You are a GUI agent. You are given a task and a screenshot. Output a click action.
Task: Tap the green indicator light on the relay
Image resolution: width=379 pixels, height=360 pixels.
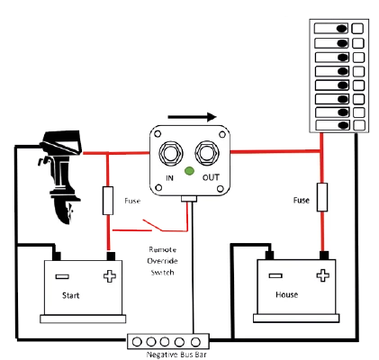point(189,171)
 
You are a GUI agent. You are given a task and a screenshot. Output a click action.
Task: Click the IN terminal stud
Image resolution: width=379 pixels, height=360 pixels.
point(170,153)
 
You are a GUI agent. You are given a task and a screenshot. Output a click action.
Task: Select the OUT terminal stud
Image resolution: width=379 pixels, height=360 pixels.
point(207,153)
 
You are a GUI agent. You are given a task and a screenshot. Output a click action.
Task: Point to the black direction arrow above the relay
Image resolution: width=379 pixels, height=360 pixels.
point(192,117)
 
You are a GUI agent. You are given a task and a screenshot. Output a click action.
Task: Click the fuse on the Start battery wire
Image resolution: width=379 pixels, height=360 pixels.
point(108,201)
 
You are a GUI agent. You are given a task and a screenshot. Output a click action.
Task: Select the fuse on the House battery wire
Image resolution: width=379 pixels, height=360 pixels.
point(322,197)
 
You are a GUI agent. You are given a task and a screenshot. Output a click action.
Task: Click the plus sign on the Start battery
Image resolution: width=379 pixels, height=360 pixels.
point(110,276)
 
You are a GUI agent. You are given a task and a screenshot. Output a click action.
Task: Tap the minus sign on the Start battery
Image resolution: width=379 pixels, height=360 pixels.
point(62,276)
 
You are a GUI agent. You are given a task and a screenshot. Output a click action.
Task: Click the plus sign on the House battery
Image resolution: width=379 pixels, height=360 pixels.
point(323,275)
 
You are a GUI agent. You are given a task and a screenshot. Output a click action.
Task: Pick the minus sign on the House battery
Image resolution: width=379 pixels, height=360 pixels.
point(275,275)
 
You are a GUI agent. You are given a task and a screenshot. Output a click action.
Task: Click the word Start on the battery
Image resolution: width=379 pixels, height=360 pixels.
point(71,295)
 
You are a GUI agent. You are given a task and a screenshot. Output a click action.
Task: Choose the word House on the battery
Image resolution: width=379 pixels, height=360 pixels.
point(287,294)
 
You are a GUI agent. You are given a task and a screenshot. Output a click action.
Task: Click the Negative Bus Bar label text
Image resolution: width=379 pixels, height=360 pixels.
point(176,355)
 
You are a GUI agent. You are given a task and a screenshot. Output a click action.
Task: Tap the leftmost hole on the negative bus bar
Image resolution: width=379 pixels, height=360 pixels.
point(137,342)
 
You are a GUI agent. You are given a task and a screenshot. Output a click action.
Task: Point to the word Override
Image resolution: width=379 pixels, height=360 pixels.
point(162,261)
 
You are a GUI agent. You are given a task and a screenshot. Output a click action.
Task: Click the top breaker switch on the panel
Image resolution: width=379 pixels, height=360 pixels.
point(331,29)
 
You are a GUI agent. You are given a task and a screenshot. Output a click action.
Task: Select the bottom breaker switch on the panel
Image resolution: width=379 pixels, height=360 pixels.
point(333,125)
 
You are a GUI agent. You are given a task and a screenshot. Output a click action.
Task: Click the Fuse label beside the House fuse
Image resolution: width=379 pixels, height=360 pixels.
point(301,200)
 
